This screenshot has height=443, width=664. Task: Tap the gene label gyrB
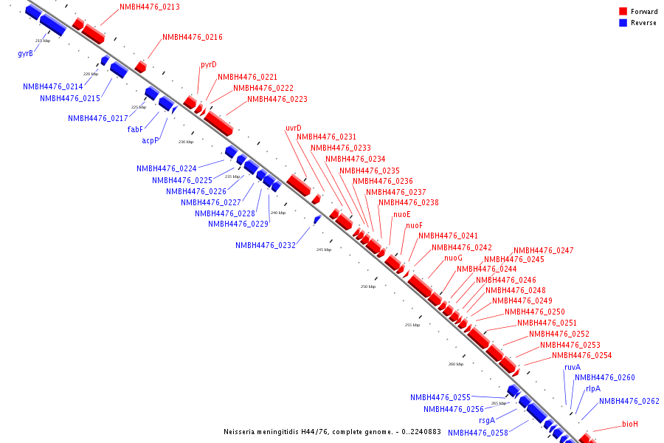pos(25,53)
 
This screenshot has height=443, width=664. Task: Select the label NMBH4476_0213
pos(150,7)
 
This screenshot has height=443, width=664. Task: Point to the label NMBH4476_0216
pos(193,38)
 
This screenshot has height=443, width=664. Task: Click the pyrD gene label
pos(209,65)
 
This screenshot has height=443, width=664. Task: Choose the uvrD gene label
pos(294,128)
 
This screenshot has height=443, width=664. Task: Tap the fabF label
pos(135,129)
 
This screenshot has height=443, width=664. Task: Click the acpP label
pos(151,141)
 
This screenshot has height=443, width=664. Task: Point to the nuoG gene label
pos(453,258)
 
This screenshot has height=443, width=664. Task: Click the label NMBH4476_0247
pos(543,251)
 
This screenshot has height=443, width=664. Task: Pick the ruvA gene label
pos(573,368)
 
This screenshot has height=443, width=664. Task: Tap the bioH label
pos(629,425)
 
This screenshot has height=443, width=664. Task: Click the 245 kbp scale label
pos(324,250)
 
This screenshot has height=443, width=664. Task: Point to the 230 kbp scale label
pos(186,142)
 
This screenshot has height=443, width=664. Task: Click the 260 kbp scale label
pos(456,364)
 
